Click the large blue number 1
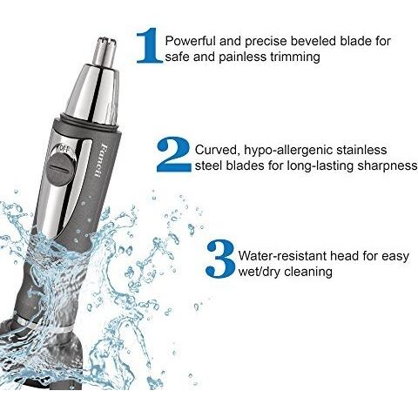(x=150, y=45)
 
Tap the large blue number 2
(x=173, y=154)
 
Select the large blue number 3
(x=220, y=259)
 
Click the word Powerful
(x=191, y=41)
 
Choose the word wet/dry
(x=260, y=272)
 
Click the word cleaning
(x=308, y=272)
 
